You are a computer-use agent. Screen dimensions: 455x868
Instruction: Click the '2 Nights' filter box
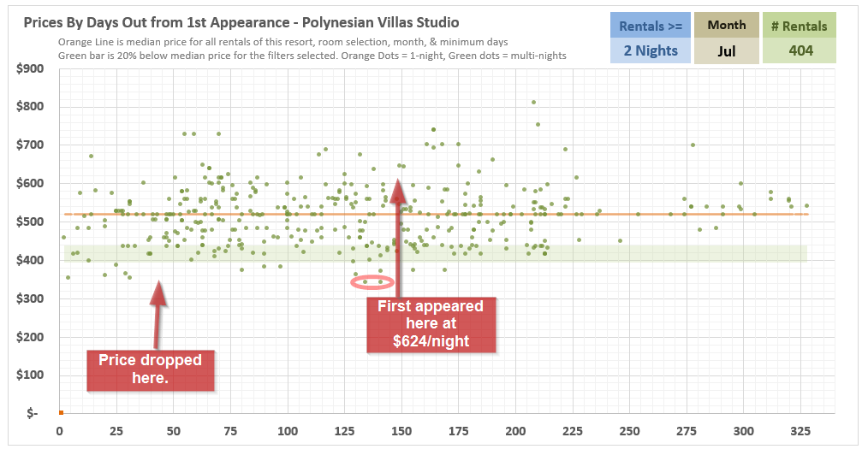pos(651,51)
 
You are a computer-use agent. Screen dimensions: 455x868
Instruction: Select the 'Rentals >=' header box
pos(651,26)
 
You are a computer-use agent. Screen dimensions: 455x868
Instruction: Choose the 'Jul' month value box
pos(727,51)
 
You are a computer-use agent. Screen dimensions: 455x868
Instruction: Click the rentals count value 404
pos(800,51)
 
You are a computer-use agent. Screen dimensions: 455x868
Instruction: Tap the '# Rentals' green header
pos(800,26)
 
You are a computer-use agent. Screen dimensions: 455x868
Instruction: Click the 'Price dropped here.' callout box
pos(150,369)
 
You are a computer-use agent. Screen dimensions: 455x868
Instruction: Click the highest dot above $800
pos(533,102)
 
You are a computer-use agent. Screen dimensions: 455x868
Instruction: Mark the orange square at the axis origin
pos(61,412)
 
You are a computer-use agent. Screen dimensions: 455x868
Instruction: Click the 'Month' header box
pos(727,26)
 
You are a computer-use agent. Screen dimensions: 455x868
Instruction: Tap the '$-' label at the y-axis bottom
pos(33,413)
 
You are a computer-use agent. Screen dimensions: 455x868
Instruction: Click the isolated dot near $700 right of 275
pos(693,145)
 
